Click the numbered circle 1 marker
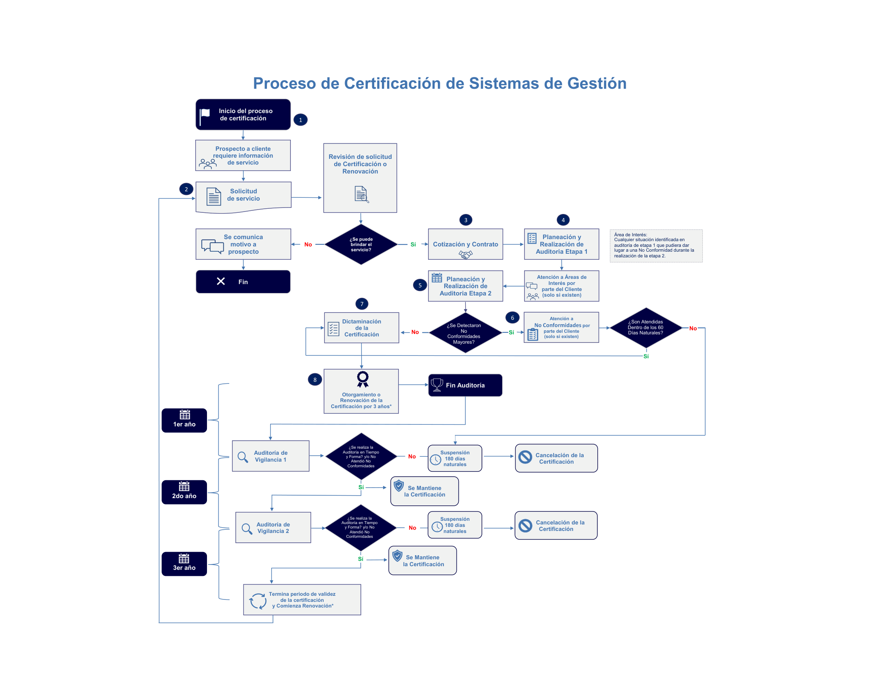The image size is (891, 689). pos(300,120)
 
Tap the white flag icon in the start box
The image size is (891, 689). pos(205,116)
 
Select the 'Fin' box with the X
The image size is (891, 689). pos(243,281)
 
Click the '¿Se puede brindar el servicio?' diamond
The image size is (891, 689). pos(360,244)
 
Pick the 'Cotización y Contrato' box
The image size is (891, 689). pos(465,244)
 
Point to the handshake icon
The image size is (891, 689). pos(465,254)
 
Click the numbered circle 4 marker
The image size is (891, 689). pos(563,220)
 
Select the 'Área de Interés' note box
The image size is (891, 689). pos(656,245)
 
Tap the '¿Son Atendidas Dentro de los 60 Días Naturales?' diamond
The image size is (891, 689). pos(646,327)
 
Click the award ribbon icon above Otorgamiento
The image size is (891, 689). pos(363,379)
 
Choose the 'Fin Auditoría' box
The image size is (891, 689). pos(465,385)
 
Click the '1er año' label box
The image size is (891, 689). pos(184,420)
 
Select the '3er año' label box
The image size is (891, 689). pos(184,564)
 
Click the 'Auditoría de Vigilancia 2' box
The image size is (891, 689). pos(273,527)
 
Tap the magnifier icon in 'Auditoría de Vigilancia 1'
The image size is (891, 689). pos(243,457)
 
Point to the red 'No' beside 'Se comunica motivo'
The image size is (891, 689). pos(308,244)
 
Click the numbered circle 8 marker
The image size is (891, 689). pos(315,379)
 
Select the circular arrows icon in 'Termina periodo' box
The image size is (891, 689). pos(258,601)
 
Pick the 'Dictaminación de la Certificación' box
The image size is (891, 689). pos(361,327)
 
